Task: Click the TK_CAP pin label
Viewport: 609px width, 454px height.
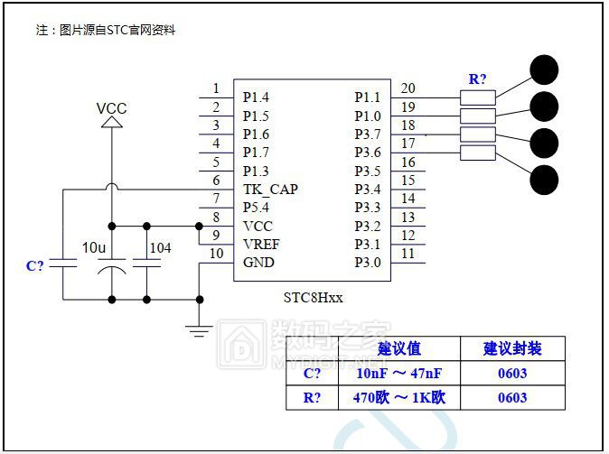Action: [270, 190]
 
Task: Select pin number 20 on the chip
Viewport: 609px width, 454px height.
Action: [408, 88]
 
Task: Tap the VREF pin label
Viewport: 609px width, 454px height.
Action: [261, 245]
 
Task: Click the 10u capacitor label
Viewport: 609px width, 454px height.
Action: [93, 246]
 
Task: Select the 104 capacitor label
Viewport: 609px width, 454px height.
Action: [161, 246]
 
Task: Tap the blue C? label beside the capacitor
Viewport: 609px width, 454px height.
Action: [34, 265]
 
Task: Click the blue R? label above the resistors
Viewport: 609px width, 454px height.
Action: [477, 79]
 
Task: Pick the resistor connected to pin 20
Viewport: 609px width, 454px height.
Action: [477, 97]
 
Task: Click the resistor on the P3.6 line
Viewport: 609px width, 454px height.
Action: [477, 153]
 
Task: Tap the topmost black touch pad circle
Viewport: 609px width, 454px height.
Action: [544, 69]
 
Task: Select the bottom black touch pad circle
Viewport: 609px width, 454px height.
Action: [544, 179]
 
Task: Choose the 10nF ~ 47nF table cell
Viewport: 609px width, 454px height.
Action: [398, 373]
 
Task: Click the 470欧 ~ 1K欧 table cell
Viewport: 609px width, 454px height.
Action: [398, 397]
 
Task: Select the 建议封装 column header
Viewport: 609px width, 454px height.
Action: [511, 348]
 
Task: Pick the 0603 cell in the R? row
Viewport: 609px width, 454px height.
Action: [511, 397]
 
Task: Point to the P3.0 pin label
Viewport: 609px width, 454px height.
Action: [368, 263]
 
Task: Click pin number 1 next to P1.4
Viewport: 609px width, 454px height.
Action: [216, 88]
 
